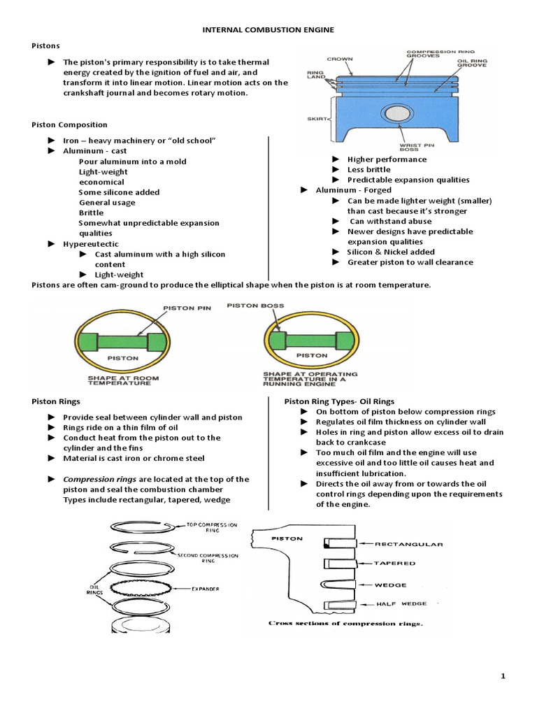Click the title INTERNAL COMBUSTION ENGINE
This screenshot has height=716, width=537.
pos(268,30)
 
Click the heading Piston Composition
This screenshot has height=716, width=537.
pos(69,125)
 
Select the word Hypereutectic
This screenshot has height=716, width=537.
pos(91,244)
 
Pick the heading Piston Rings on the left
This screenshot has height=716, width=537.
pos(56,402)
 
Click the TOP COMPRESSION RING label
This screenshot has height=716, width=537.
pos(213,527)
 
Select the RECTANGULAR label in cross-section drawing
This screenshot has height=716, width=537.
pos(409,543)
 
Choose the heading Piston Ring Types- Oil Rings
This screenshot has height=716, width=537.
pos(339,402)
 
